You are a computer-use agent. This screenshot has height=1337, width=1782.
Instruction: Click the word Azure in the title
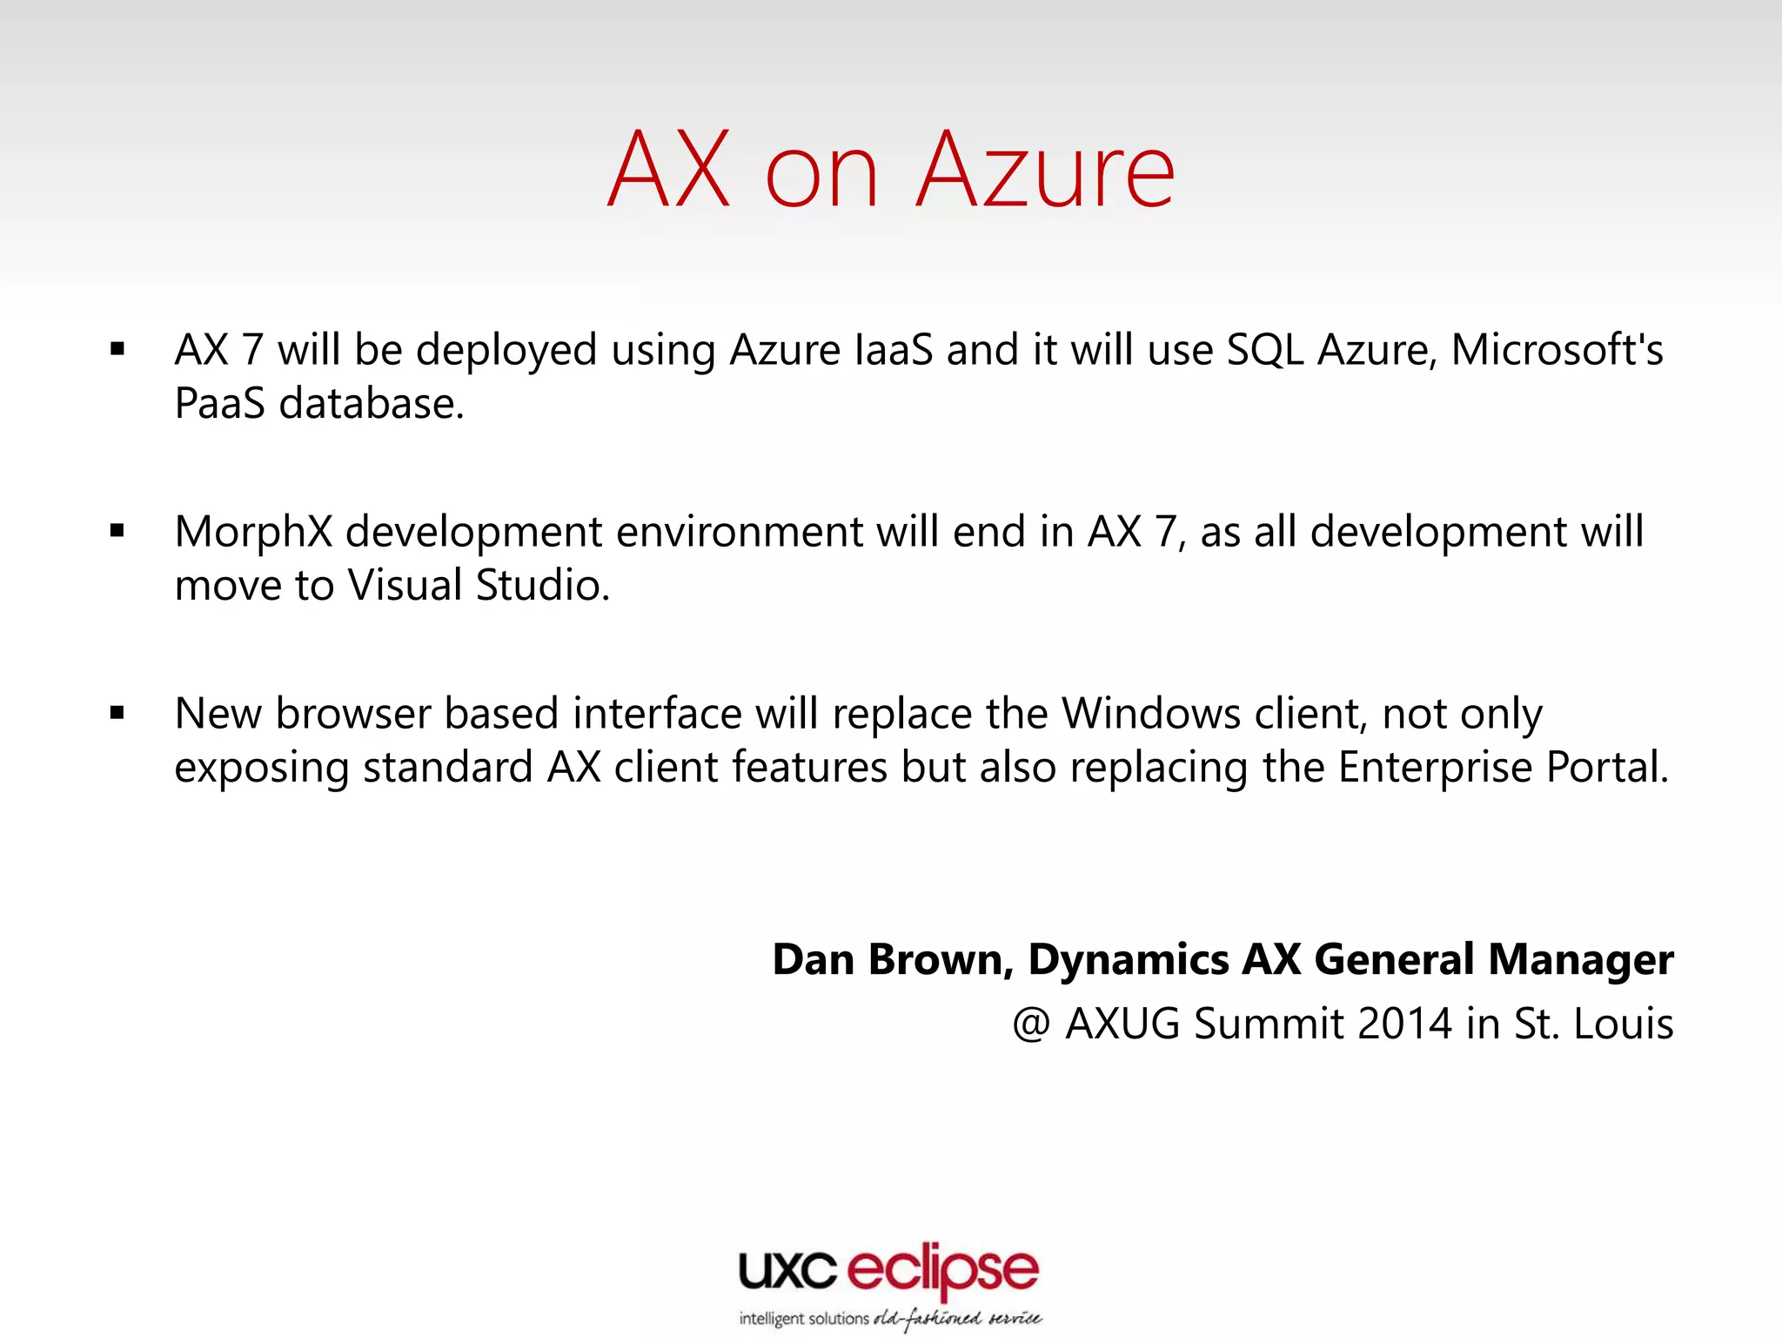1046,171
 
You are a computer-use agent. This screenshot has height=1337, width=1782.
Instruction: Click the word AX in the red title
668,171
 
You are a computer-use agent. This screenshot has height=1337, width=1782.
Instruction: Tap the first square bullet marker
117,350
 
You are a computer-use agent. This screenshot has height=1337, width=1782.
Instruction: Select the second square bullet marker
117,531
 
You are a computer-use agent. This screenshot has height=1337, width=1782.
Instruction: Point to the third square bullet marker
117,713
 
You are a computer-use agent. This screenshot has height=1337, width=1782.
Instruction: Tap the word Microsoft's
1557,350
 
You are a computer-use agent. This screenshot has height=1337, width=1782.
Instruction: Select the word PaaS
219,404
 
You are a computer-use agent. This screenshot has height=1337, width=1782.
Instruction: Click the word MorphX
253,533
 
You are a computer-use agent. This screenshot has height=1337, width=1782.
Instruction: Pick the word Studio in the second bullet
542,585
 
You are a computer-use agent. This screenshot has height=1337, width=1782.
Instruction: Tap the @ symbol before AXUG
1031,1024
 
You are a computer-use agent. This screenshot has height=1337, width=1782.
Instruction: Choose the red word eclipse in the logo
942,1271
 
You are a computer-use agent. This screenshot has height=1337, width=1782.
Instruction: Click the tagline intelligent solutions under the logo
803,1318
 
